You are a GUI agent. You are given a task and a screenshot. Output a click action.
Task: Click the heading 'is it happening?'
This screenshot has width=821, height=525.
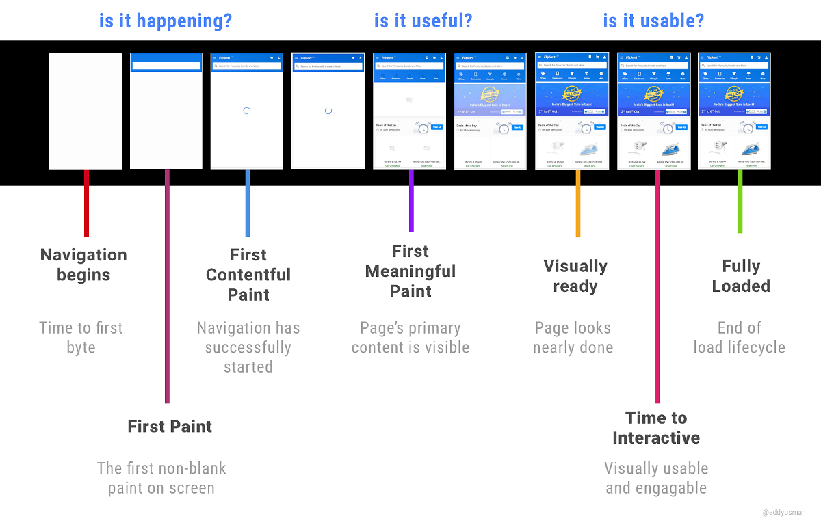click(166, 21)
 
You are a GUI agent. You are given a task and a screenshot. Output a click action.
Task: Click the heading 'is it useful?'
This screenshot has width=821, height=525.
click(423, 21)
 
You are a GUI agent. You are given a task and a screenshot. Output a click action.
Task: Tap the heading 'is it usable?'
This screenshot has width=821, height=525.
click(653, 21)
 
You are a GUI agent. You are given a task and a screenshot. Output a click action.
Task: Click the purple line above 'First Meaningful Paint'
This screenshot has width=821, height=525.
click(411, 201)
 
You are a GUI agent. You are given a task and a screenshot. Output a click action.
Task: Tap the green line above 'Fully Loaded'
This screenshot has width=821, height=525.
click(740, 201)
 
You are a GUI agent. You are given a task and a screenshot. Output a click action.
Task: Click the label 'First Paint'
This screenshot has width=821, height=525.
click(170, 427)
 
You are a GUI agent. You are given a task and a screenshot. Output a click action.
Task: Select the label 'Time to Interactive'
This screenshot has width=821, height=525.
click(656, 428)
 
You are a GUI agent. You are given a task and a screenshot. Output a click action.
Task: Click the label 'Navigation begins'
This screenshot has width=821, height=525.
click(83, 265)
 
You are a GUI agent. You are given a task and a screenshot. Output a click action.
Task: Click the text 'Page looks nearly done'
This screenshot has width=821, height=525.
click(573, 338)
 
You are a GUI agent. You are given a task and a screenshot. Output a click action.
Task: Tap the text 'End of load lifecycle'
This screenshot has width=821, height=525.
click(739, 338)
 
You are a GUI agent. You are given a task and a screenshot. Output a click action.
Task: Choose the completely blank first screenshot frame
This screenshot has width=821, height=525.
click(86, 111)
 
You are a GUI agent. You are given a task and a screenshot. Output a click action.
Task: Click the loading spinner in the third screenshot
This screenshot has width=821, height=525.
click(247, 111)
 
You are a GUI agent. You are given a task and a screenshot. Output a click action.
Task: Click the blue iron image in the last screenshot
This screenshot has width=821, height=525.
click(751, 148)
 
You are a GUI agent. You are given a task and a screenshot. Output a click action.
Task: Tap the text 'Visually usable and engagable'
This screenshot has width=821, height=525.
click(656, 479)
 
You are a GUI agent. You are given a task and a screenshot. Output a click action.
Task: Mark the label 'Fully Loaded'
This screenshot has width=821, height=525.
click(740, 276)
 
